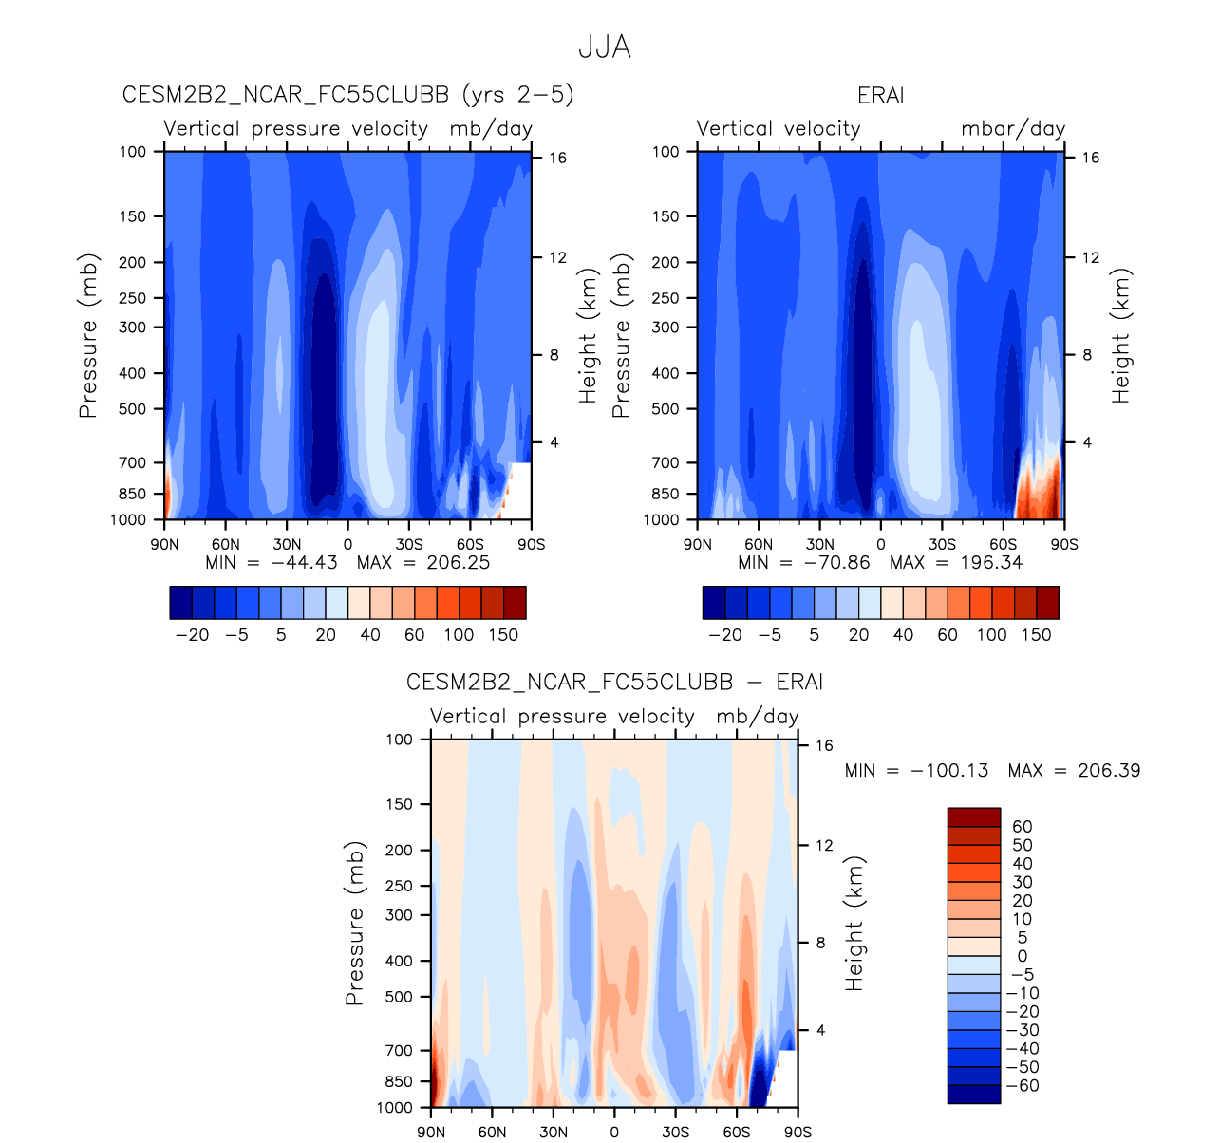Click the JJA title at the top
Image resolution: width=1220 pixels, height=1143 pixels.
click(605, 47)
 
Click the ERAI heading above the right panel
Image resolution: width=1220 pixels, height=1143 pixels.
click(880, 96)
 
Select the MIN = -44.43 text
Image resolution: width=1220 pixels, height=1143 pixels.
click(272, 563)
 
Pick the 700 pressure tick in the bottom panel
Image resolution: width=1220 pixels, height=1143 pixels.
click(400, 1051)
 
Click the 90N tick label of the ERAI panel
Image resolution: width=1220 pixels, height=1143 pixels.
click(698, 545)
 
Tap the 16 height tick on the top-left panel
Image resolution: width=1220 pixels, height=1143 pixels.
click(557, 158)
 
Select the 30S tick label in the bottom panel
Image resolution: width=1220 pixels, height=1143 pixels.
click(675, 1133)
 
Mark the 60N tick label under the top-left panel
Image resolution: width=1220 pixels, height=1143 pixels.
click(226, 545)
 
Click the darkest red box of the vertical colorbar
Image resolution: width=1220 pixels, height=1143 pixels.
click(973, 817)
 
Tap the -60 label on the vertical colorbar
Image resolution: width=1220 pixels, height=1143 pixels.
click(1022, 1086)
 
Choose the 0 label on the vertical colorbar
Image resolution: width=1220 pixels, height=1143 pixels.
click(1023, 957)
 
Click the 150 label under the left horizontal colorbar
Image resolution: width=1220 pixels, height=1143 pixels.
click(503, 635)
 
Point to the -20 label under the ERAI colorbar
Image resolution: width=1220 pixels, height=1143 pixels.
click(725, 635)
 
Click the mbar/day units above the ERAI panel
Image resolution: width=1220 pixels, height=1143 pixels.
click(1013, 129)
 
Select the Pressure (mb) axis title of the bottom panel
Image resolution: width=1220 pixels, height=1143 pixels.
click(355, 923)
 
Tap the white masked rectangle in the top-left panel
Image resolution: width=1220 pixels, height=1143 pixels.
click(519, 489)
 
